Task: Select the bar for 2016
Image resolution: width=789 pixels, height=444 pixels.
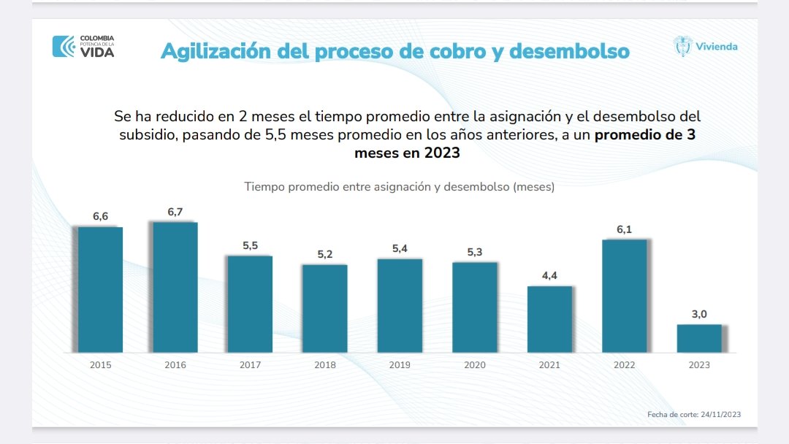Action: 175,287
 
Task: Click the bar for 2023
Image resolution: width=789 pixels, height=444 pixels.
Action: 699,338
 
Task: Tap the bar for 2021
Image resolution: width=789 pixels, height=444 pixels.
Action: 549,319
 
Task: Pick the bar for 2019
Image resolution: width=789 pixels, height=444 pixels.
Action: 400,305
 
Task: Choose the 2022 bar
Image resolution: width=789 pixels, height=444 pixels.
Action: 625,296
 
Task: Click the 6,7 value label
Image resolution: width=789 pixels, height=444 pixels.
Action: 175,212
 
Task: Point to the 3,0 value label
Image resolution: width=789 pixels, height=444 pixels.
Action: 699,314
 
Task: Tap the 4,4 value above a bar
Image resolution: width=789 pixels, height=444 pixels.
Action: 549,275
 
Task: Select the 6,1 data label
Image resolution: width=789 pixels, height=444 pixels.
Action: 624,229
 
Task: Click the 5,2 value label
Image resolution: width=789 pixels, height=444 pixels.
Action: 324,254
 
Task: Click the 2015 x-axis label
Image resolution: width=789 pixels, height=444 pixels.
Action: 100,364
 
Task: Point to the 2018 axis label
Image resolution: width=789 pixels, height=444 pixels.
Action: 325,364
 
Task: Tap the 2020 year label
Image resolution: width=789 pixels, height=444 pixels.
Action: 475,364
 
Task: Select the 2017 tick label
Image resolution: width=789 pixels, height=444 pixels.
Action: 250,364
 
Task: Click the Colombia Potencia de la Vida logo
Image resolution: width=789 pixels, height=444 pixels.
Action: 83,46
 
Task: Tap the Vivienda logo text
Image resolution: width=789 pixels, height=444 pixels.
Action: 716,47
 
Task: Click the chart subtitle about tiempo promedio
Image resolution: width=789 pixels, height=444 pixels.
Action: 399,186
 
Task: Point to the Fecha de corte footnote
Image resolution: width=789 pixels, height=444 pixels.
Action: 694,414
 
